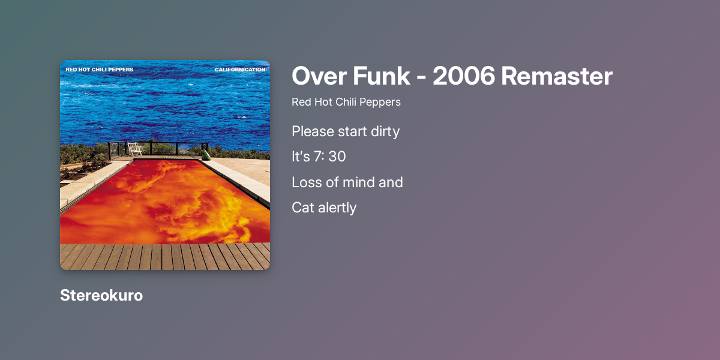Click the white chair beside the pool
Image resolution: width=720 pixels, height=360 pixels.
pos(135,149)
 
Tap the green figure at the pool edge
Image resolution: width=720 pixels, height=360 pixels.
pos(206,154)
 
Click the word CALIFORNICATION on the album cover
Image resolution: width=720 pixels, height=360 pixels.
pos(240,70)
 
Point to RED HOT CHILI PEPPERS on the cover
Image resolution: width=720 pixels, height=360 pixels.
pos(100,70)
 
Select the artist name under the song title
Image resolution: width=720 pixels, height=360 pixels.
pos(346,102)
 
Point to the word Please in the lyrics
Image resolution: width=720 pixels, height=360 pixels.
pos(311,131)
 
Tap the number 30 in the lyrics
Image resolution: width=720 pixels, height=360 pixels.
pos(337,157)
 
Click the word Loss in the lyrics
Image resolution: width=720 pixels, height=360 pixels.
pos(305,182)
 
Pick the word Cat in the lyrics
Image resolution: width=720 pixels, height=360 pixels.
pos(302,208)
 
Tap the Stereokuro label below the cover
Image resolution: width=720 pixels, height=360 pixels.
pos(101,295)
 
